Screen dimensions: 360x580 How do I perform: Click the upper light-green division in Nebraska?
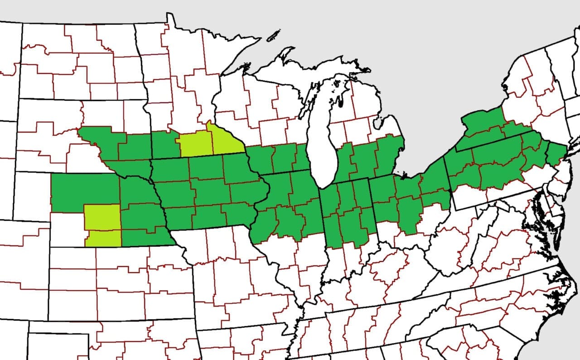[102, 217]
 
